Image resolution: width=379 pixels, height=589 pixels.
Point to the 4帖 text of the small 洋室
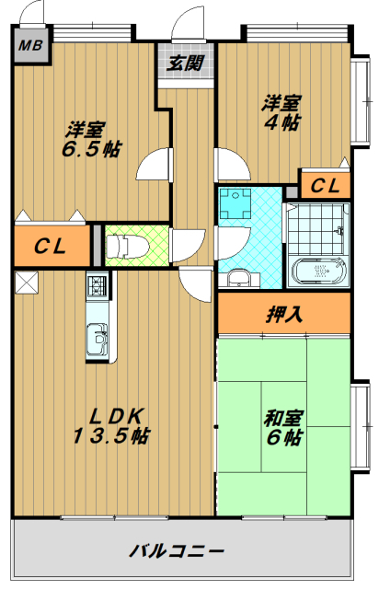tap(280, 124)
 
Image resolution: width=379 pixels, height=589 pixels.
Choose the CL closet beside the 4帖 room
tap(324, 187)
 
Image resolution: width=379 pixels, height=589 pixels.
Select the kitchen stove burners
tap(98, 288)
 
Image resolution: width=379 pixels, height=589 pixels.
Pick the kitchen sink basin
tap(97, 342)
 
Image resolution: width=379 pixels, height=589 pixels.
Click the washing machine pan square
tap(239, 203)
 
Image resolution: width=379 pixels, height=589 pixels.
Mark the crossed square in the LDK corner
tap(27, 283)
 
